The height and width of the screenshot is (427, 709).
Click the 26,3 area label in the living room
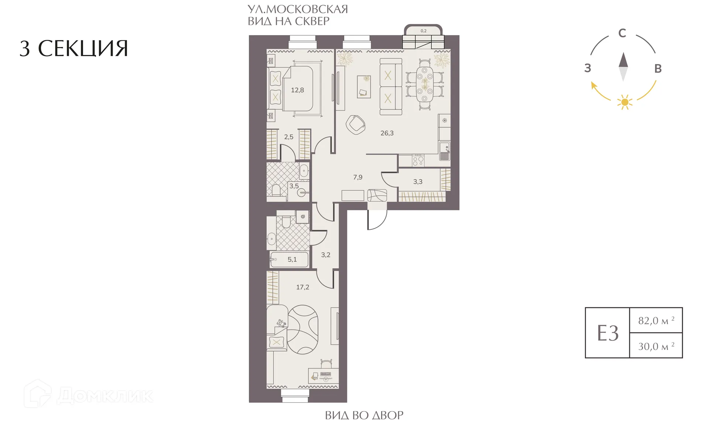point(387,133)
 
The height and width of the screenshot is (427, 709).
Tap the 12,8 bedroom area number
point(297,90)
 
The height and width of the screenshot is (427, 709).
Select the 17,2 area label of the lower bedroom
point(302,287)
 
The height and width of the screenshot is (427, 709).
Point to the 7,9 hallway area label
point(357,177)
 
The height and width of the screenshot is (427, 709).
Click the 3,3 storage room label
point(418,182)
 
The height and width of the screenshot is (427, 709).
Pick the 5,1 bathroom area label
point(292,259)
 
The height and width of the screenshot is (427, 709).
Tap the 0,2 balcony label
point(423,31)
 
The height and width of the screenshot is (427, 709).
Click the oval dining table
point(425,84)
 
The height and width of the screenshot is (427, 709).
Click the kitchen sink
point(445,151)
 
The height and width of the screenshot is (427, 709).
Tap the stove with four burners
point(418,161)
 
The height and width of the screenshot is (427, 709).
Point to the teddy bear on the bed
point(281,324)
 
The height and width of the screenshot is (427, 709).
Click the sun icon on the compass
point(624,102)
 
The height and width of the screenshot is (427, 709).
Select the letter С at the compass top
point(622,33)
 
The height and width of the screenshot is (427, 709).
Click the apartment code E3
point(608,333)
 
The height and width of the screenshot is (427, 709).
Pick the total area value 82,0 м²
point(657,320)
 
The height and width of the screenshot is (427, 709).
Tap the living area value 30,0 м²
point(657,346)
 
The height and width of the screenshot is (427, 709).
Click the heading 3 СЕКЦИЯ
point(74,48)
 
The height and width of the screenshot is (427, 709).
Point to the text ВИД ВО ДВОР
point(364,416)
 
